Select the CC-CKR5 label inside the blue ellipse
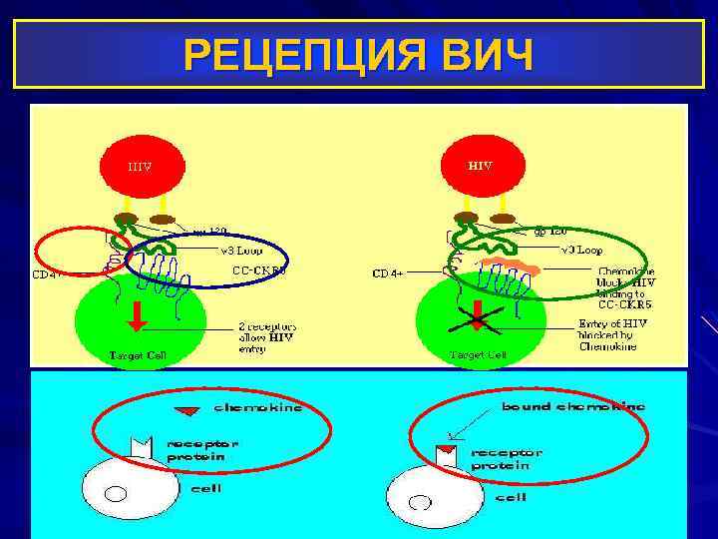pyautogui.click(x=258, y=269)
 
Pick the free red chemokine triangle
pyautogui.click(x=186, y=409)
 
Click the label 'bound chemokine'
pyautogui.click(x=573, y=406)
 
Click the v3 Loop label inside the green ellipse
pyautogui.click(x=579, y=249)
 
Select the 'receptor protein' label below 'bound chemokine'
pyautogui.click(x=506, y=459)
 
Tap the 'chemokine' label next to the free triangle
pyautogui.click(x=258, y=407)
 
